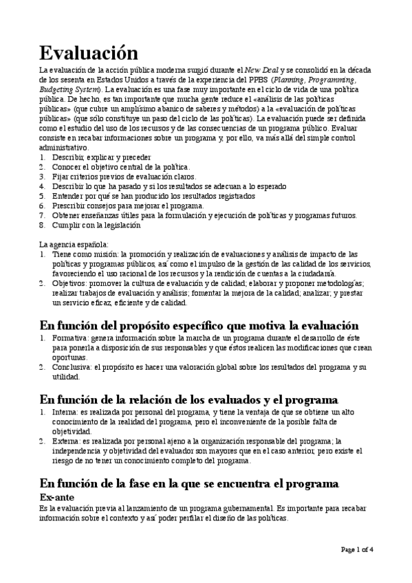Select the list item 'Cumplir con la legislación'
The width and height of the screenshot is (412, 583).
click(96, 225)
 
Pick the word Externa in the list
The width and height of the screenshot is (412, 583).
click(64, 441)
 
